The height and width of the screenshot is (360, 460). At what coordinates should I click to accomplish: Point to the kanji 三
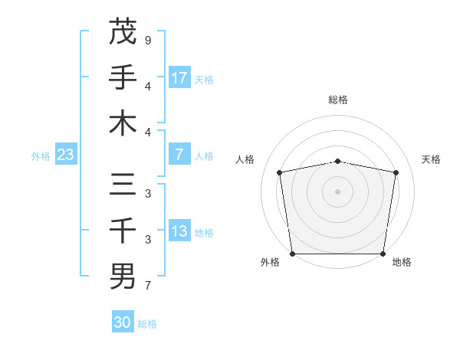click(x=123, y=185)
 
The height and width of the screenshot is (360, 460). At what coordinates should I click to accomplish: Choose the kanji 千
click(x=123, y=230)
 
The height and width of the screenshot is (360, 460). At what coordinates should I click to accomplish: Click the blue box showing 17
click(x=179, y=77)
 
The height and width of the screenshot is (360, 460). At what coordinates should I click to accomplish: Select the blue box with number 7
click(x=179, y=155)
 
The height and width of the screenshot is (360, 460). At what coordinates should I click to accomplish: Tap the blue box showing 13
click(x=179, y=231)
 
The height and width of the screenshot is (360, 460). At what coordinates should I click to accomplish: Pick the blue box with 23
click(x=66, y=155)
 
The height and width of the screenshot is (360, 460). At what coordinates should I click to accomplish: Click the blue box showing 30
click(x=123, y=322)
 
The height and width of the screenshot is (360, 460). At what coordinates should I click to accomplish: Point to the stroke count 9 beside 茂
click(x=148, y=40)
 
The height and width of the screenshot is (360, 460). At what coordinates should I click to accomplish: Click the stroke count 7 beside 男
click(x=148, y=286)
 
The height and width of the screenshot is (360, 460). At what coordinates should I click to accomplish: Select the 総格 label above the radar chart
click(x=338, y=100)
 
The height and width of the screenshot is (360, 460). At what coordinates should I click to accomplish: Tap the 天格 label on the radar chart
click(x=432, y=159)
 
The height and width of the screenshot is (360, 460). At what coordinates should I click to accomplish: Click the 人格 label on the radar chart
click(x=245, y=159)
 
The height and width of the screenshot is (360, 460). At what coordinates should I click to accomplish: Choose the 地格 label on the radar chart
click(x=402, y=262)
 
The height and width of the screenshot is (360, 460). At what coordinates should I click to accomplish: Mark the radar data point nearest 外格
click(x=292, y=254)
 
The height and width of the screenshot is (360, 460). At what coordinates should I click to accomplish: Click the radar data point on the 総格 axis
click(x=338, y=161)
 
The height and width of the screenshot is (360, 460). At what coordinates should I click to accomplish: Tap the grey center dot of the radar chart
click(x=338, y=191)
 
